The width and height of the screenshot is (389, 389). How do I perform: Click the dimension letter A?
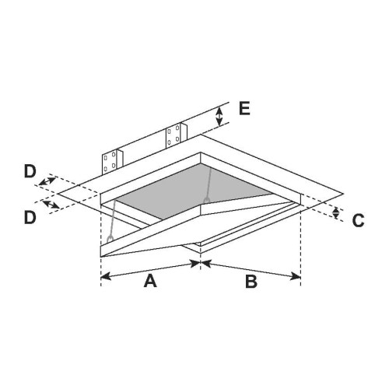point(150,282)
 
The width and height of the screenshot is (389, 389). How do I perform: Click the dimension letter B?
point(251,282)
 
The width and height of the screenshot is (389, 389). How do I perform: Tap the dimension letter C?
point(358,221)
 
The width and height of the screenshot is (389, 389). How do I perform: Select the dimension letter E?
point(244,108)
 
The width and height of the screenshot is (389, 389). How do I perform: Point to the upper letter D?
point(30,172)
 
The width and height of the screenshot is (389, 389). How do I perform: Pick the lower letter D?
point(30,217)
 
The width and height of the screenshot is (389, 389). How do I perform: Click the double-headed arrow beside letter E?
point(219,117)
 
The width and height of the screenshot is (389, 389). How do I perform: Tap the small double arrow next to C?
point(336,213)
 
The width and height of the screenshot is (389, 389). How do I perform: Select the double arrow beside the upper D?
point(47,181)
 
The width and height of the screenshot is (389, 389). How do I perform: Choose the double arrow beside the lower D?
point(51,205)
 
